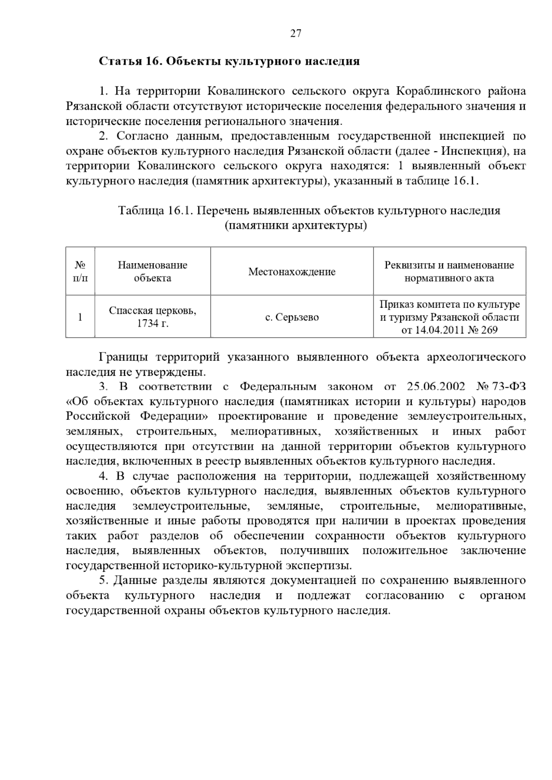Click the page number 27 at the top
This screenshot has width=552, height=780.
[x=295, y=33]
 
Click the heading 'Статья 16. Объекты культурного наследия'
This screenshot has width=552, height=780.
[x=229, y=61]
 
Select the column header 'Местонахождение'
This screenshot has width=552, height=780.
[x=292, y=271]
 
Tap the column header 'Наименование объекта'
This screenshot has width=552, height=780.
[x=152, y=271]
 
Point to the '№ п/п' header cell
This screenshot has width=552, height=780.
[x=80, y=271]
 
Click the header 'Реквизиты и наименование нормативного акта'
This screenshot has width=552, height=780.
[x=449, y=271]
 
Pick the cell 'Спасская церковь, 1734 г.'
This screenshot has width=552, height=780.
[x=152, y=317]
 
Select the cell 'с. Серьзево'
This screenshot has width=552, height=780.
[x=292, y=317]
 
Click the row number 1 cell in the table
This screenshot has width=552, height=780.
[x=80, y=317]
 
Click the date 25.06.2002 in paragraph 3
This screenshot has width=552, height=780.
[x=436, y=386]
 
